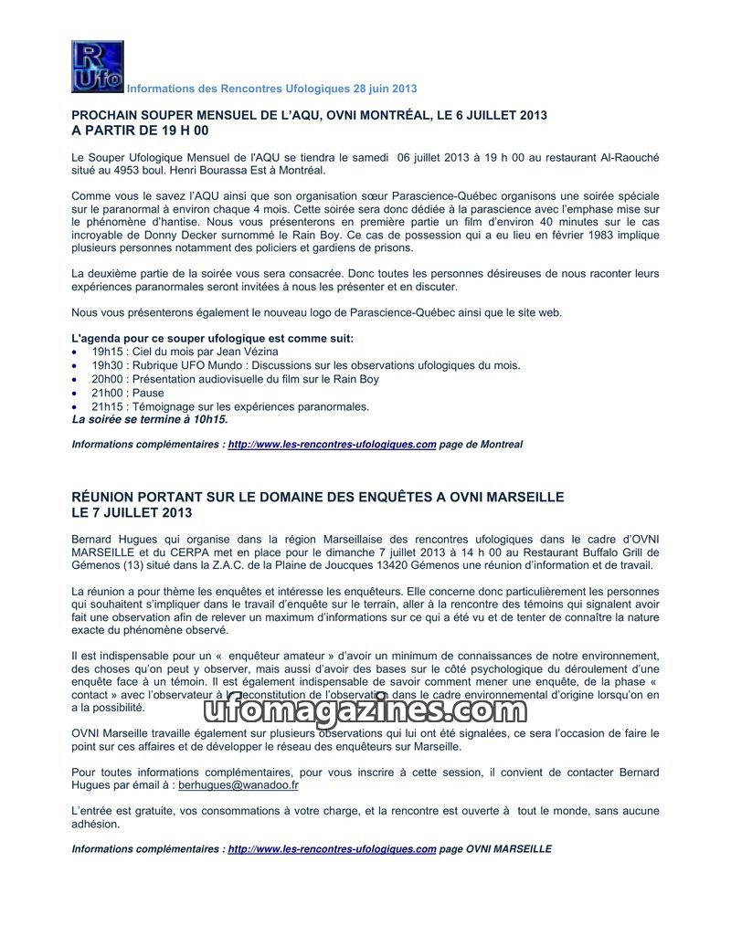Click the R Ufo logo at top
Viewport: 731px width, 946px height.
pyautogui.click(x=97, y=67)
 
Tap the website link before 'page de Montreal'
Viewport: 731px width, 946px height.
pyautogui.click(x=332, y=445)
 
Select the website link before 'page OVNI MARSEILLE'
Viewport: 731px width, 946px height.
pyautogui.click(x=332, y=849)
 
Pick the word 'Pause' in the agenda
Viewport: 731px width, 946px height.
pyautogui.click(x=148, y=393)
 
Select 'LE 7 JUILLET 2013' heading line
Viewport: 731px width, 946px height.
pyautogui.click(x=132, y=512)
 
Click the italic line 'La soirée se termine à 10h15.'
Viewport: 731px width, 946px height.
pyautogui.click(x=149, y=420)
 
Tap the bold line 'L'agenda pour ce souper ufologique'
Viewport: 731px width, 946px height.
pyautogui.click(x=212, y=338)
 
